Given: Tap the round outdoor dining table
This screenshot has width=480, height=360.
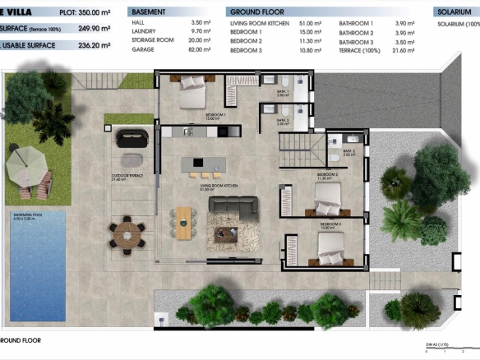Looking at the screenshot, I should (128, 231).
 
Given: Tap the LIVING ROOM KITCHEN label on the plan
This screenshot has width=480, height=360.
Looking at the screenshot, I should (219, 187).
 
